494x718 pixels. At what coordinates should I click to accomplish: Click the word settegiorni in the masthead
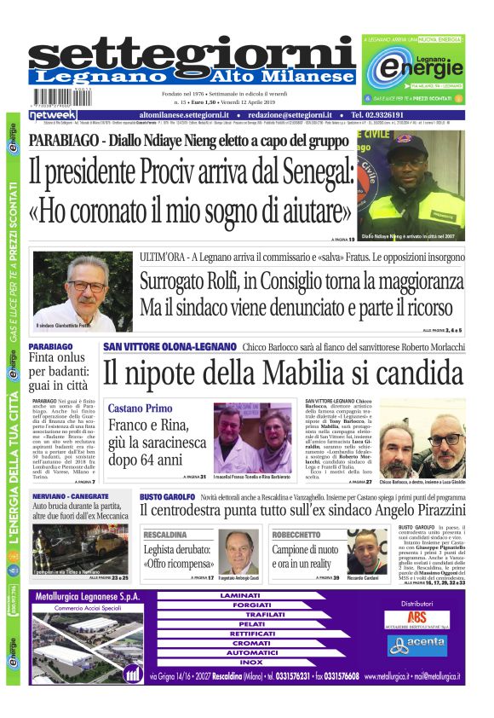[x=192, y=53]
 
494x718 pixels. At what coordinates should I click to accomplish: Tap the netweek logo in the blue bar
[x=53, y=114]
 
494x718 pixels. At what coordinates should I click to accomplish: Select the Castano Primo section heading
[x=140, y=408]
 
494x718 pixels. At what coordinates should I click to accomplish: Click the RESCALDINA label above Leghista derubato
[x=165, y=536]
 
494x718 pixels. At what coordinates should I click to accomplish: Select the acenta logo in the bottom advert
[x=416, y=646]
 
